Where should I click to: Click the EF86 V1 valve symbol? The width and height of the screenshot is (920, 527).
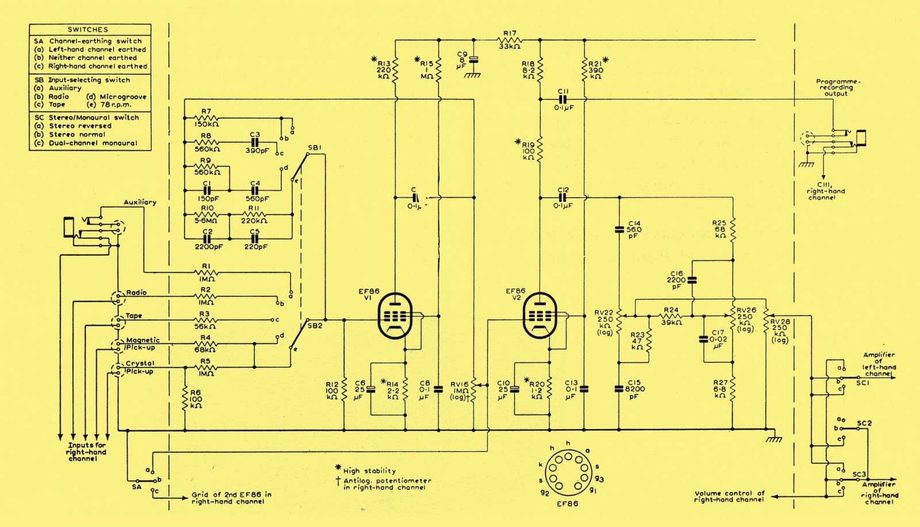point(396,316)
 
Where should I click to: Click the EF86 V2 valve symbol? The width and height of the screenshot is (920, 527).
point(541,316)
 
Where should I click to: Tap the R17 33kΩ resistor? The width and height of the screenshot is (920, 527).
point(509,40)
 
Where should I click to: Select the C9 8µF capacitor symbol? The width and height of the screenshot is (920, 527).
point(474,59)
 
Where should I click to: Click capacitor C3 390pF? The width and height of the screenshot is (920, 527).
point(255,142)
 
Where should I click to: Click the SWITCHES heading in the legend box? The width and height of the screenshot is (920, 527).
point(88,29)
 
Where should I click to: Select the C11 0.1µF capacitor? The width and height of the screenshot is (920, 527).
point(563,99)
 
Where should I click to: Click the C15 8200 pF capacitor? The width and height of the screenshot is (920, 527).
point(619,388)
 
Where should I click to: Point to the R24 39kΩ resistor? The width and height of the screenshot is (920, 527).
point(670,316)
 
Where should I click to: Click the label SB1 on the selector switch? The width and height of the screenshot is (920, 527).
point(315,148)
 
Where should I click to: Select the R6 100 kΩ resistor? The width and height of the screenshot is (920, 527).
point(185,398)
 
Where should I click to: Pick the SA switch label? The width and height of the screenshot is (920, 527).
point(136,487)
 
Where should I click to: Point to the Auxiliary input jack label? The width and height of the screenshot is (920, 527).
point(140,202)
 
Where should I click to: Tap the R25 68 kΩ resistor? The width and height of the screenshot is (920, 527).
point(733,229)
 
